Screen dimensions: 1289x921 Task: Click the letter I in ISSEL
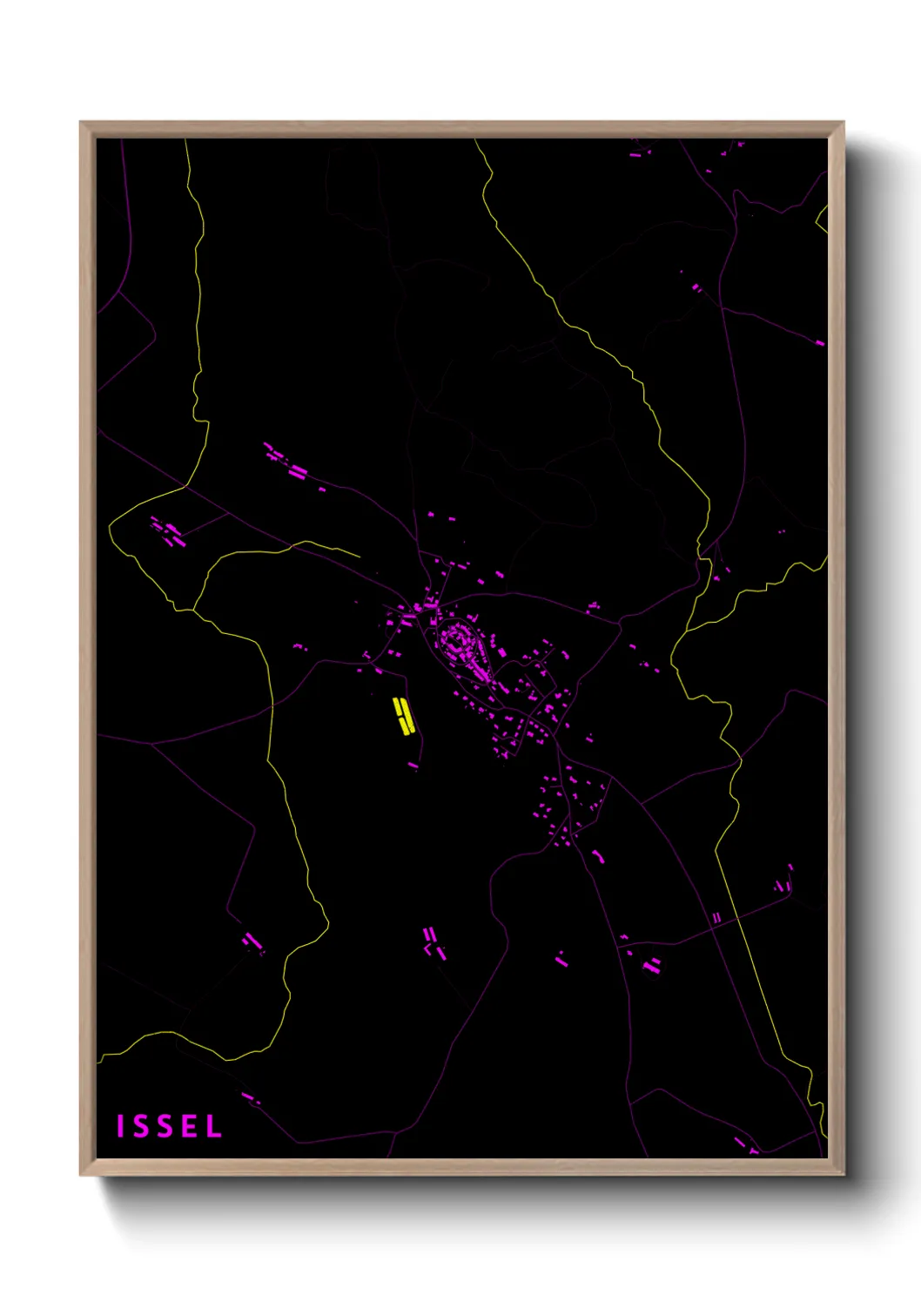pos(120,1126)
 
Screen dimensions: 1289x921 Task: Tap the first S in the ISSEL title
pos(142,1126)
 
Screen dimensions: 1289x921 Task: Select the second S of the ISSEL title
pos(165,1126)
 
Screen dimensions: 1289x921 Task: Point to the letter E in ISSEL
pos(189,1126)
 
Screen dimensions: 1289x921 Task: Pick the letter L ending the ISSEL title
pos(213,1126)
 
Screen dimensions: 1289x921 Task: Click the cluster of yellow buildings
pos(402,716)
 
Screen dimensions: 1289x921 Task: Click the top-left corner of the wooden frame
pos(81,123)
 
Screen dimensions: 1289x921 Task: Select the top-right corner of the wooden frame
pos(843,123)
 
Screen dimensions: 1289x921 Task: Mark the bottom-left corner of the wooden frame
pos(81,1174)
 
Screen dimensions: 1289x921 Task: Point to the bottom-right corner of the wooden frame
pos(843,1174)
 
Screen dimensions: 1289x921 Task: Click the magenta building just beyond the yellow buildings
pos(413,766)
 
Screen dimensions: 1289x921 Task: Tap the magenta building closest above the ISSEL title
pos(250,1097)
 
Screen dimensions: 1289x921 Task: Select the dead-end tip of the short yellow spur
pos(360,557)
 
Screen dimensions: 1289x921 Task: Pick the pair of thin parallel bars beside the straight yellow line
pos(716,918)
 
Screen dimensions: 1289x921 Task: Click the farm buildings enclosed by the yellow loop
pos(167,531)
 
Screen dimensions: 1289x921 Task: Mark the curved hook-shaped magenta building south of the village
pos(598,856)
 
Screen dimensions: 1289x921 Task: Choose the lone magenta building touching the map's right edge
pos(819,343)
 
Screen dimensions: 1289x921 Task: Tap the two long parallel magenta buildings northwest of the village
pos(298,472)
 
